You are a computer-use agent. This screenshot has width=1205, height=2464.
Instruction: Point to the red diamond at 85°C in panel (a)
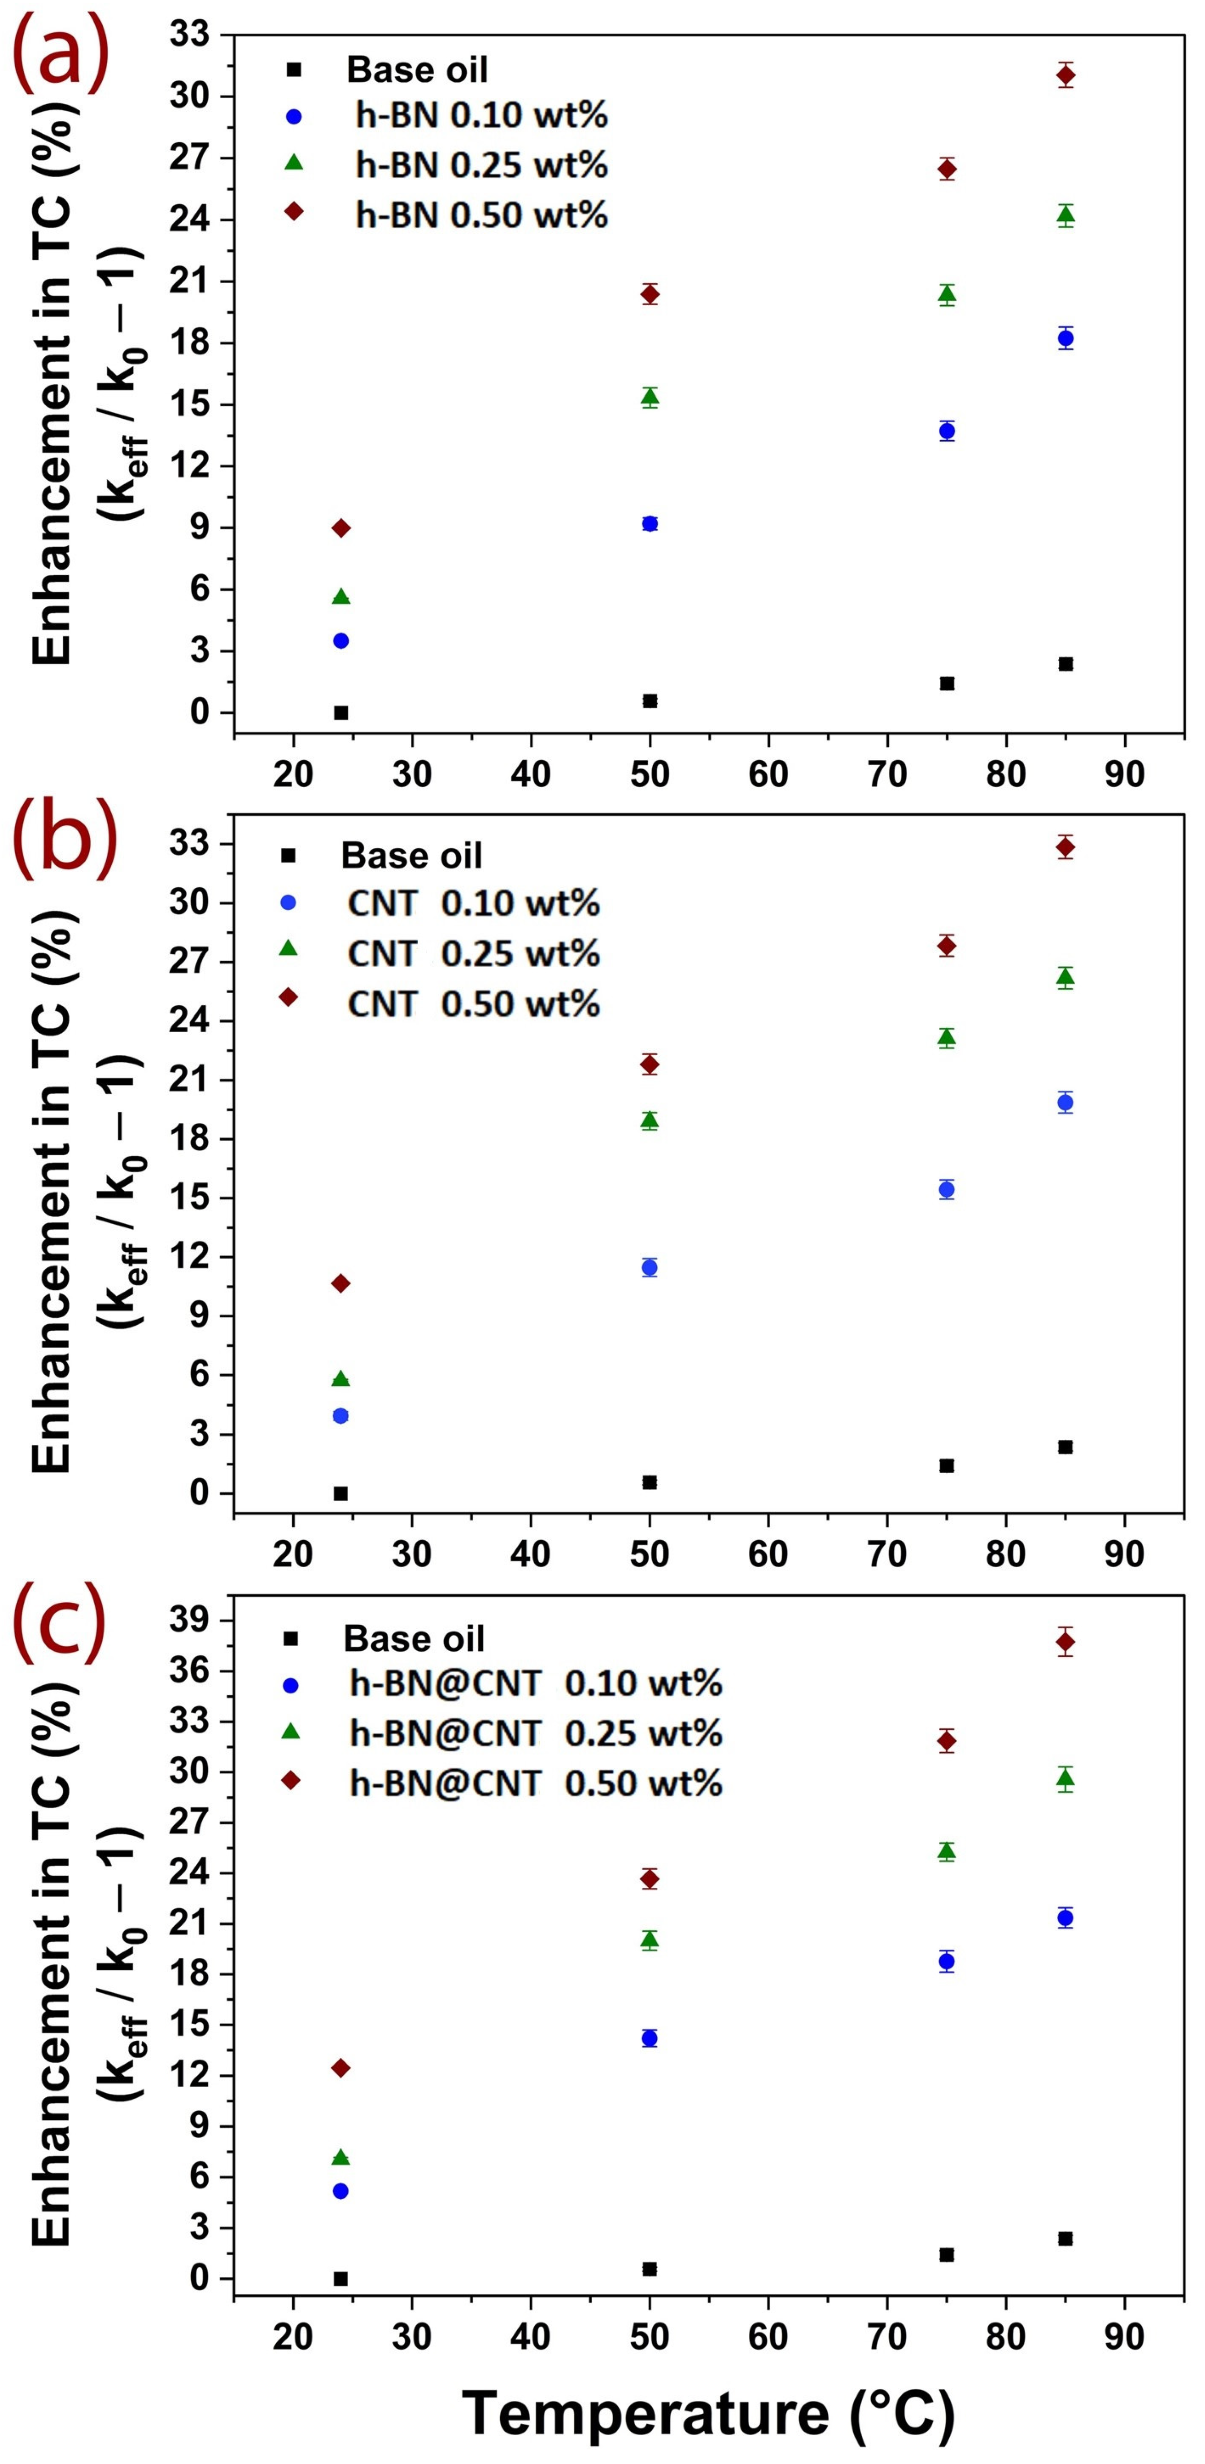[x=1065, y=75]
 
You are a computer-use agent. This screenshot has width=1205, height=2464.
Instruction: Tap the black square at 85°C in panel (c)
[x=1065, y=2238]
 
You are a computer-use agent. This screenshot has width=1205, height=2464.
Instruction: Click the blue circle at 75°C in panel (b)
[x=947, y=1189]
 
